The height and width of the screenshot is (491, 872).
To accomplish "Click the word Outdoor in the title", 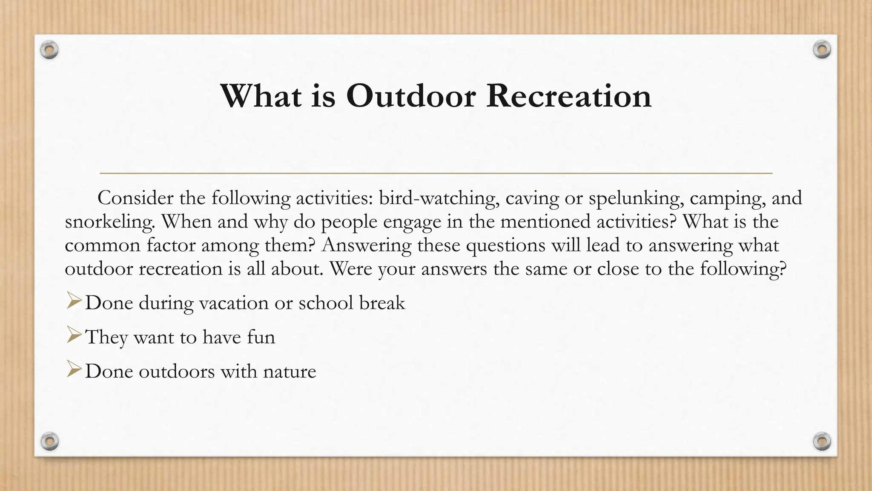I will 411,96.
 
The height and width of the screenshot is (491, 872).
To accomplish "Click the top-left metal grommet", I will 49,50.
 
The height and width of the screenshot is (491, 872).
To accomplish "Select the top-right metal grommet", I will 822,50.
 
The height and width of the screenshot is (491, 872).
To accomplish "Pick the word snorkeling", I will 109,222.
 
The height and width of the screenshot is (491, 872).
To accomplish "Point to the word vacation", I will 234,303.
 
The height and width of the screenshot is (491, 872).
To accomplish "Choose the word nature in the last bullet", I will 290,372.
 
